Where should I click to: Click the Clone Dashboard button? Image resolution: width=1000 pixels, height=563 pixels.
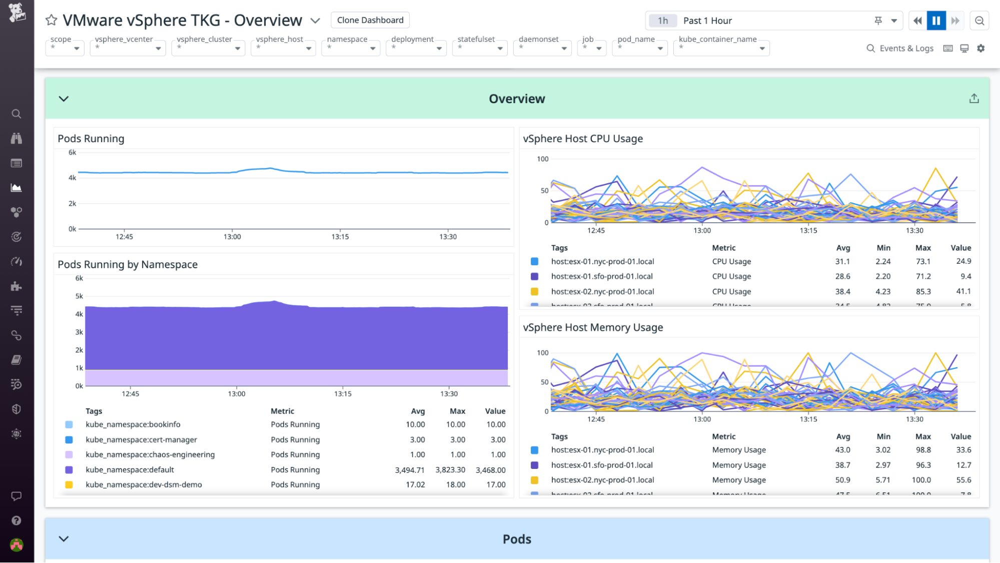[x=370, y=20]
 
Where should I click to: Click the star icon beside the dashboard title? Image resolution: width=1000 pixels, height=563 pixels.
[x=51, y=20]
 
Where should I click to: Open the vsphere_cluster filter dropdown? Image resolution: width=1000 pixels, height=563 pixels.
[x=208, y=48]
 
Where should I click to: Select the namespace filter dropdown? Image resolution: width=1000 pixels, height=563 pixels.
[x=350, y=48]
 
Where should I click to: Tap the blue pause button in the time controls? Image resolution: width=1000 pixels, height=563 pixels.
[x=936, y=21]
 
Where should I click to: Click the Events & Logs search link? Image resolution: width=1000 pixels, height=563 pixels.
[x=900, y=48]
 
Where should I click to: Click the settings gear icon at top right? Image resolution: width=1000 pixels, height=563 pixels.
[x=980, y=48]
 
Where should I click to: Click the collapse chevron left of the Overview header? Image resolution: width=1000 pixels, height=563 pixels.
[x=64, y=99]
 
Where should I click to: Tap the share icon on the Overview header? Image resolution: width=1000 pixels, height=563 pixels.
[x=973, y=99]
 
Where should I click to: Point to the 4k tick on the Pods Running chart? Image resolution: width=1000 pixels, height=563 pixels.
[x=73, y=178]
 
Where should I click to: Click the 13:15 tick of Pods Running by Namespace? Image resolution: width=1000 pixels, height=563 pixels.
[x=343, y=394]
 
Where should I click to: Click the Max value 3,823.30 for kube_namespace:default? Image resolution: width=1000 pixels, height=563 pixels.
[x=450, y=470]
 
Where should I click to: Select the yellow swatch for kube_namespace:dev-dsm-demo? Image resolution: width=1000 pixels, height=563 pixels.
[x=69, y=484]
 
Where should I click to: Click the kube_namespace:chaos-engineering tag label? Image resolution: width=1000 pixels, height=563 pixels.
[x=150, y=454]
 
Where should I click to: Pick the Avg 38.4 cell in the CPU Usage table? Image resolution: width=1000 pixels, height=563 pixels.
[x=842, y=291]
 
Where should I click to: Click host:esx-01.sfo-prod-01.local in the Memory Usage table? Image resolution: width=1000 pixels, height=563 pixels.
[x=602, y=465]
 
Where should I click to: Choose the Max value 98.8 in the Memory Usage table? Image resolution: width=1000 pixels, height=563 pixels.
[x=923, y=450]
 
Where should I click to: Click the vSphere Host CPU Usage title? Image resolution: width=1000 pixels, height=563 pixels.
[x=583, y=139]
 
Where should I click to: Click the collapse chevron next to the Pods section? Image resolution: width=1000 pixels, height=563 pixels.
[x=64, y=539]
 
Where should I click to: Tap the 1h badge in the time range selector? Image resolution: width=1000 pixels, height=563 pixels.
[x=662, y=21]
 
